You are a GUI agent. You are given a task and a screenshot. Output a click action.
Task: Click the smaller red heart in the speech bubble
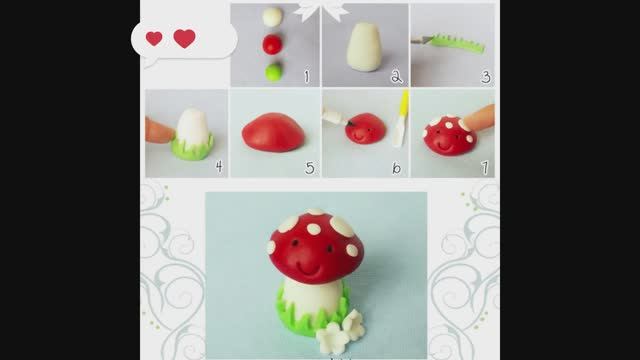[x=154, y=38]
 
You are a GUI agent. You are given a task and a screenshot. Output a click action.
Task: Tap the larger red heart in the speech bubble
[x=184, y=38]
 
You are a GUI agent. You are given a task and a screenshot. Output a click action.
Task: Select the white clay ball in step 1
[x=272, y=17]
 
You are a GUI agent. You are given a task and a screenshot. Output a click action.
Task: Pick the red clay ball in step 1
[x=272, y=44]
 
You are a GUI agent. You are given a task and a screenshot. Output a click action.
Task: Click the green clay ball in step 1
[x=273, y=72]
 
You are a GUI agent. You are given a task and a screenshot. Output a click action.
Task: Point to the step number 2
[x=396, y=76]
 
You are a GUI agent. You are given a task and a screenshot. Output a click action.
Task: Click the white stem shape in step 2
[x=364, y=47]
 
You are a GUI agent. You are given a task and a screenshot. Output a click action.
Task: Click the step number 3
[x=486, y=76]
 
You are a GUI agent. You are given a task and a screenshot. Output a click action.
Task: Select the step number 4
[x=219, y=166]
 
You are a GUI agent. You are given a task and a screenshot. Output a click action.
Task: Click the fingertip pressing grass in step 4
[x=160, y=131]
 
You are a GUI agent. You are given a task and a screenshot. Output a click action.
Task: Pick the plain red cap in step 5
[x=273, y=132]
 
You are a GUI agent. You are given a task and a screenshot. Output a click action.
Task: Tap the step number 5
[x=310, y=168]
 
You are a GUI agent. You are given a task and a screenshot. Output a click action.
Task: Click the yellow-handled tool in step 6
[x=401, y=118]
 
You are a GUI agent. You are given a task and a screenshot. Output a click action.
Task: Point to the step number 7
[x=485, y=167]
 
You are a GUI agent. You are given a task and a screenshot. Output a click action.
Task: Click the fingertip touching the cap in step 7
[x=478, y=118]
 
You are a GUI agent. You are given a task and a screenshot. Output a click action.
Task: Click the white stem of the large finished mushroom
[x=312, y=300]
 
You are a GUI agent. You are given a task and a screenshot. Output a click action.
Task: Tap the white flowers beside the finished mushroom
[x=341, y=331]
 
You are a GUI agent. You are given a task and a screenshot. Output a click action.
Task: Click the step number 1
[x=307, y=76]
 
